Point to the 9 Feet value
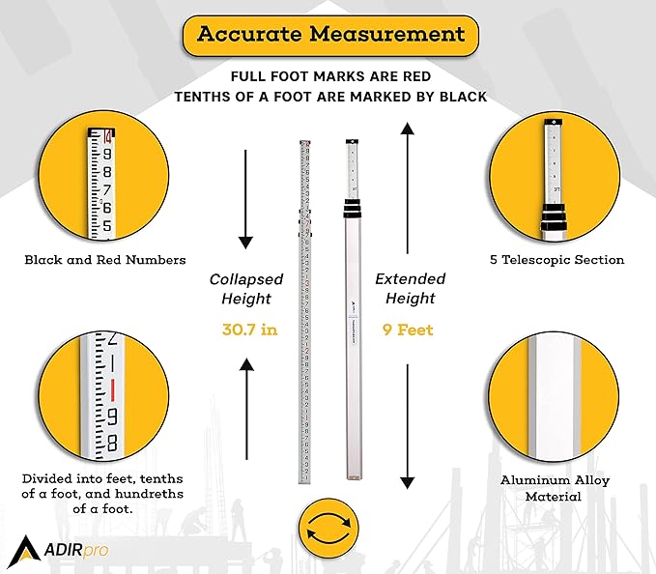point(407,330)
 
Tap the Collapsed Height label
point(246,289)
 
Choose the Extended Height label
point(407,289)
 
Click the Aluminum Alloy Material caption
point(555,488)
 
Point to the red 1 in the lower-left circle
point(112,390)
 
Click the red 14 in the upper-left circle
point(107,136)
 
